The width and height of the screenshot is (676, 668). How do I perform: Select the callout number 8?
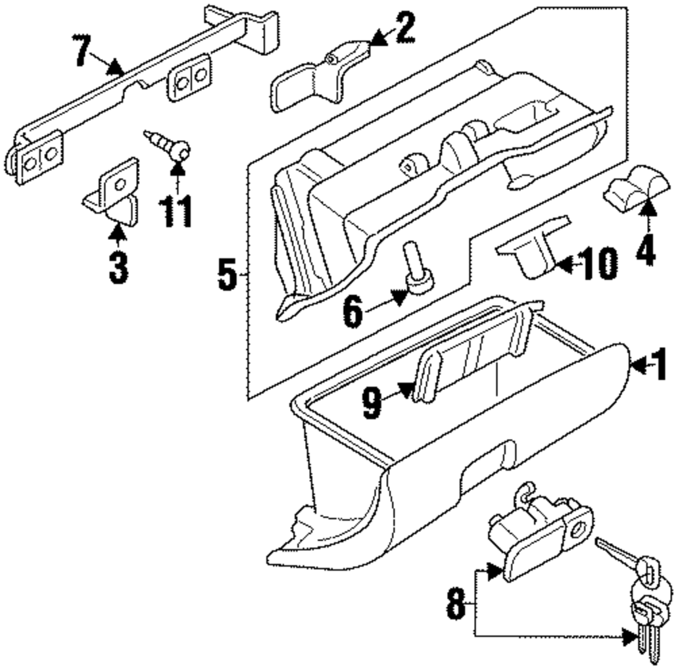[x=456, y=604]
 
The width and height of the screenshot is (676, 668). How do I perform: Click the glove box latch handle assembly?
[x=537, y=534]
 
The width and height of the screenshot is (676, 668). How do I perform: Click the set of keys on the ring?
[x=639, y=595]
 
